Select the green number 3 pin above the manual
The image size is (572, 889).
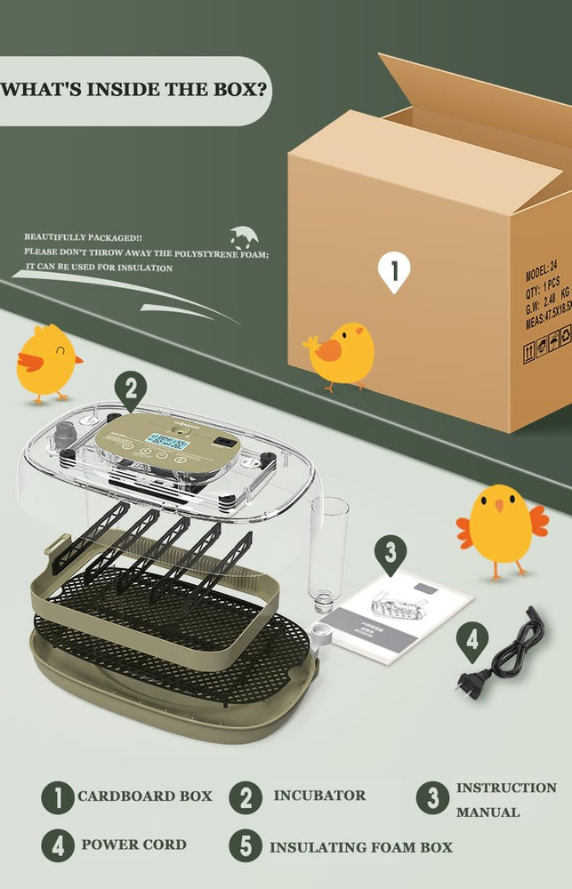point(389,554)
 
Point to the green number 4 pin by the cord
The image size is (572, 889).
point(472,641)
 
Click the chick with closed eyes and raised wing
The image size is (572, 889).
point(47,363)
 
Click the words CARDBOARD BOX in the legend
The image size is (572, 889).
point(144,796)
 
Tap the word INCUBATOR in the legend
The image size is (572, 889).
point(319,796)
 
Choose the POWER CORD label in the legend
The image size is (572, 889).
point(133,845)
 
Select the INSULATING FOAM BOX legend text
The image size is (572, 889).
point(361,847)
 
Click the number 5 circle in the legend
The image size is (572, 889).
point(246,845)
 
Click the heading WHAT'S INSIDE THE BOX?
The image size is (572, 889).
point(136,91)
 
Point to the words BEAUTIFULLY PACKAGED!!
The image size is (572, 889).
point(83,237)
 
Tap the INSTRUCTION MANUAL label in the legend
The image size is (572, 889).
point(506,799)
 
